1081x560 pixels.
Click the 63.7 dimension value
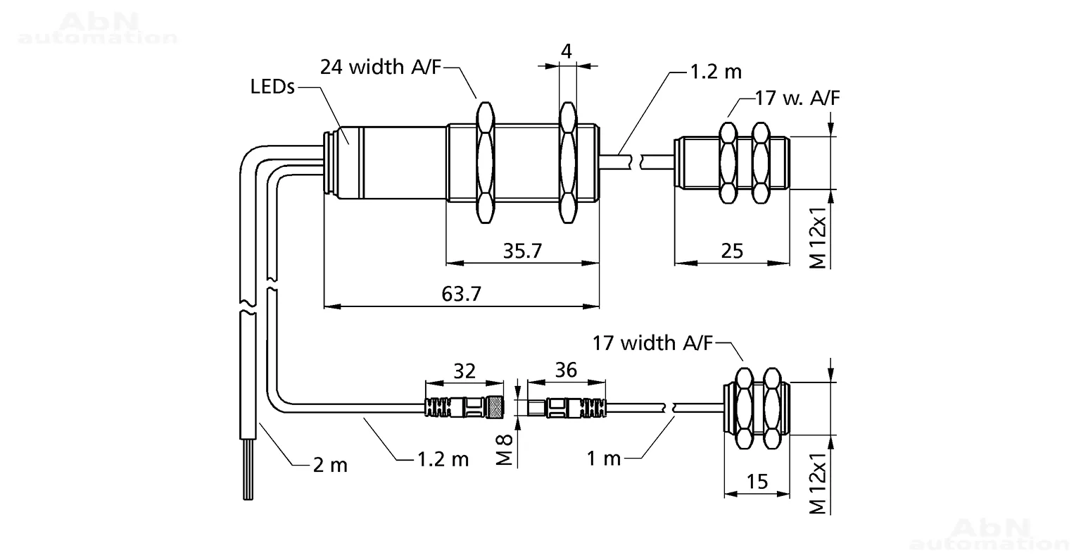462,294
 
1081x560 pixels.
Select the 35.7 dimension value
523,251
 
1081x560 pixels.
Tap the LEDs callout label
272,87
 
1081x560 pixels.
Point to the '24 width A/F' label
381,67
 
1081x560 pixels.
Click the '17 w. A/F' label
797,98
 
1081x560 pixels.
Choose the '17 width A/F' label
652,343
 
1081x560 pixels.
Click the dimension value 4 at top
567,51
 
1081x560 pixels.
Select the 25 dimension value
732,251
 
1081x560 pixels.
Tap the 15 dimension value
757,481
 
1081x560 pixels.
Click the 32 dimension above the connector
464,371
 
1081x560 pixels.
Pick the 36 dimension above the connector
566,370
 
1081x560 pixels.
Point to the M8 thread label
505,450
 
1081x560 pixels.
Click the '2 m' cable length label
330,466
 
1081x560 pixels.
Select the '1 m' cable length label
603,458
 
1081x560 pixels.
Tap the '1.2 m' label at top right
716,72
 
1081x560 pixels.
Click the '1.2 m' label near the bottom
443,459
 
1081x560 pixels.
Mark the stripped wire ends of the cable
248,469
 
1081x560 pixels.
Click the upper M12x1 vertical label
818,237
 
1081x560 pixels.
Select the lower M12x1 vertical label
818,483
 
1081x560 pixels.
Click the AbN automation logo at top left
98,28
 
